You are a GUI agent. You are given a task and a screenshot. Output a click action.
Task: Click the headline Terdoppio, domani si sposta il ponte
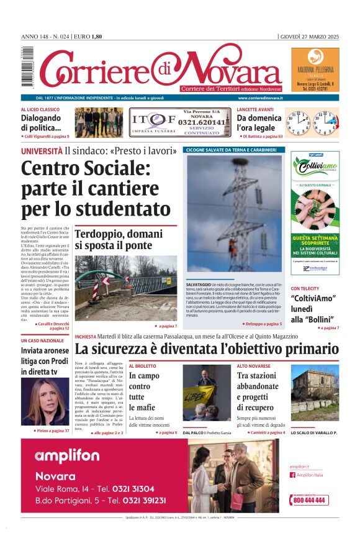pyautogui.click(x=119, y=240)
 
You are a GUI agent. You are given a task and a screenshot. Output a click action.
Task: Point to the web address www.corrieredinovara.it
pyautogui.click(x=260, y=98)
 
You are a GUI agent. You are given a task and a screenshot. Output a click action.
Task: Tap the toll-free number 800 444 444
pyautogui.click(x=311, y=500)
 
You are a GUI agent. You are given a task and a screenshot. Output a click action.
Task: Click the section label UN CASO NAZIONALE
pyautogui.click(x=42, y=340)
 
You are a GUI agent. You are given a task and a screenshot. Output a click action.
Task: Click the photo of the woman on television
pyautogui.click(x=45, y=401)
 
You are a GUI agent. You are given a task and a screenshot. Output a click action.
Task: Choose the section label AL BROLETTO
pyautogui.click(x=142, y=366)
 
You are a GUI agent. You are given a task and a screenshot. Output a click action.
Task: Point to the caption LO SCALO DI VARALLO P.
pyautogui.click(x=313, y=432)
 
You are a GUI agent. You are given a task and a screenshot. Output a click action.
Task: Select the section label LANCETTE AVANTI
pyautogui.click(x=254, y=109)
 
